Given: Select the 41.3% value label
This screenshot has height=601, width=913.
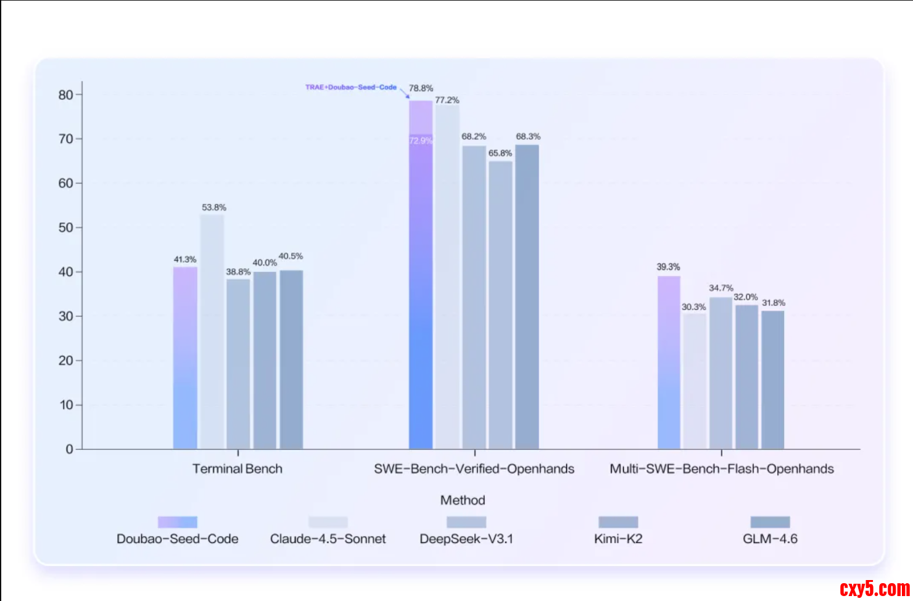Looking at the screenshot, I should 185,260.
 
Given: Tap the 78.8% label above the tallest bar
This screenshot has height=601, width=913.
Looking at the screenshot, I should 421,88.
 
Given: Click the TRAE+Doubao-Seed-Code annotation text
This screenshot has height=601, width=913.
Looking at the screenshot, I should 351,88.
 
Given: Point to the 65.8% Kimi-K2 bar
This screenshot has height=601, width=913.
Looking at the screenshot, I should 500,305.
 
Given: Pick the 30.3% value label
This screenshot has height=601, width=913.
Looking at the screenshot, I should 693,307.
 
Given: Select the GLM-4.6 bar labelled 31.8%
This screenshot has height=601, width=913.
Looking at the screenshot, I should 772,379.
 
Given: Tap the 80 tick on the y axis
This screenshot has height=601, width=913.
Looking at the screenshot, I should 65,95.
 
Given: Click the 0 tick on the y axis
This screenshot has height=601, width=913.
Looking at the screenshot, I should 70,449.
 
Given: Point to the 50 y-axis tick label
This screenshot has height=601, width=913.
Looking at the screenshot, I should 65,227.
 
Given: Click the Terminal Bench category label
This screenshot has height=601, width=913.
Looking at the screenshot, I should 238,469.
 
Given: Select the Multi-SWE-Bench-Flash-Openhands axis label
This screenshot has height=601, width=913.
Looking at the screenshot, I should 722,469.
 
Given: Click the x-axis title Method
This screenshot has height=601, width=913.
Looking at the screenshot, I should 463,500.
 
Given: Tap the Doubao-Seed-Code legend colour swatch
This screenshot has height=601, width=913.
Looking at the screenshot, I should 178,522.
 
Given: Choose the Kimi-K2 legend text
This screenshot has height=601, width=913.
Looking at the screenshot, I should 618,539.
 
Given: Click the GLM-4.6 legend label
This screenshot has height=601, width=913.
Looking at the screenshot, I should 770,539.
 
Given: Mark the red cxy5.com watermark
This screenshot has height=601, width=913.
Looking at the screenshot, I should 874,589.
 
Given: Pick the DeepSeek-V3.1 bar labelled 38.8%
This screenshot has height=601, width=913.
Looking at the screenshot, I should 238,364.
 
